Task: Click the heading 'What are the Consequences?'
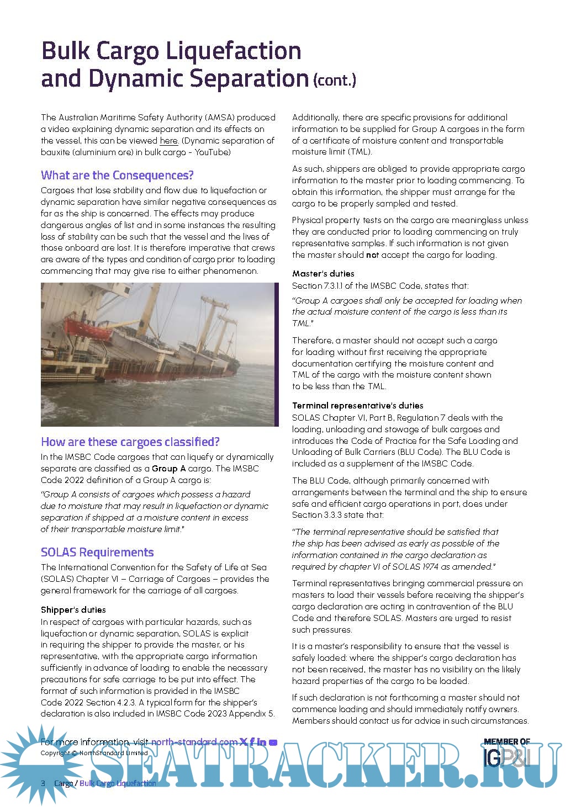(117, 176)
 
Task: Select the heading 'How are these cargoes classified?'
(130, 442)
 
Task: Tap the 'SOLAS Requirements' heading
(97, 553)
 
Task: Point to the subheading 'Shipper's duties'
(73, 610)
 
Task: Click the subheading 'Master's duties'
(323, 274)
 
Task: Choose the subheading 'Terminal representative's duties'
(357, 406)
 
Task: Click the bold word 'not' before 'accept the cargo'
(372, 255)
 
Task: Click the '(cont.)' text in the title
(335, 81)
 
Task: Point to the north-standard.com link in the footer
(194, 742)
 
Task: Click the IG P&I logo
(507, 759)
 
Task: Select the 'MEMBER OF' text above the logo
(506, 742)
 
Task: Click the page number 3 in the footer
(43, 783)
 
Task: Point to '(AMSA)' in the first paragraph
(221, 118)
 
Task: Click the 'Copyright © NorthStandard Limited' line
(94, 753)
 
